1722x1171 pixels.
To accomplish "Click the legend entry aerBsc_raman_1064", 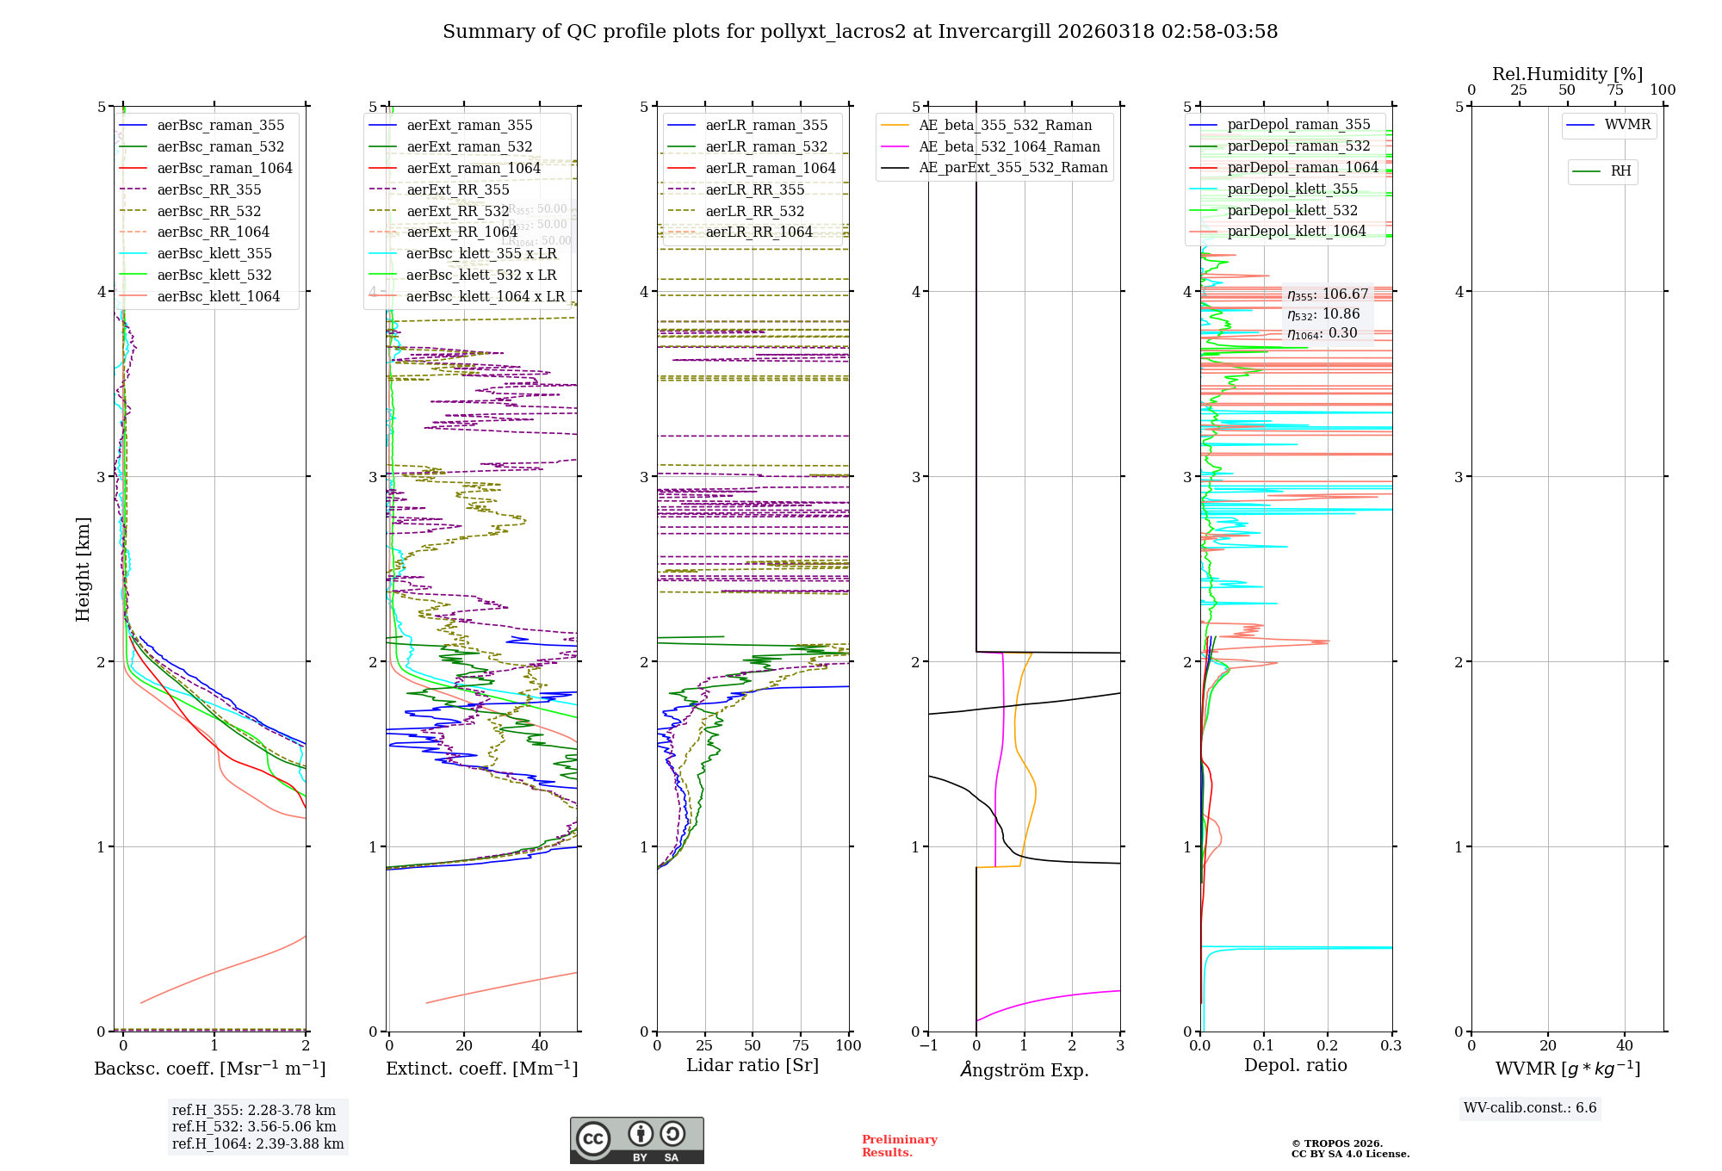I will (x=225, y=168).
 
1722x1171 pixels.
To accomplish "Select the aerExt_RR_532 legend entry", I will (x=457, y=211).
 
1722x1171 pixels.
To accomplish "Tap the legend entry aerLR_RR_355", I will (x=754, y=189).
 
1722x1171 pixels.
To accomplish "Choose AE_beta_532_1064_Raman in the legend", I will (x=1009, y=146).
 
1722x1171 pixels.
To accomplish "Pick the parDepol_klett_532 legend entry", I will (x=1291, y=210).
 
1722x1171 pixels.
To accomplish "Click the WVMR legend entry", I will (x=1627, y=125).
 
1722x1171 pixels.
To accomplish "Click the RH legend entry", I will (x=1620, y=171).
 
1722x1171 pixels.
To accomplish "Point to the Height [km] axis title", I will (x=83, y=569).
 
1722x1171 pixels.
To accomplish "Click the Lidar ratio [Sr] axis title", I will (x=752, y=1065).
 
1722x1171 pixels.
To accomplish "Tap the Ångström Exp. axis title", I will (x=1024, y=1069).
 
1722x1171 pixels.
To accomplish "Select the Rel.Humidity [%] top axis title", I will (x=1567, y=74).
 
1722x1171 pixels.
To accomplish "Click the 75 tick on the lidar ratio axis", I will (x=801, y=1045).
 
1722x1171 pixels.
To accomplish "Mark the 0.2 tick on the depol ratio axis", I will (x=1328, y=1045).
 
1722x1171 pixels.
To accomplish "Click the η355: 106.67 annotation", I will (x=1327, y=294).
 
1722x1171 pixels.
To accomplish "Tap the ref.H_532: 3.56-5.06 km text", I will (x=254, y=1126).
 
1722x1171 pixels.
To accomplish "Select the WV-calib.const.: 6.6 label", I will (x=1530, y=1107).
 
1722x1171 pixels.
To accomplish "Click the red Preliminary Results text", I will (x=899, y=1145).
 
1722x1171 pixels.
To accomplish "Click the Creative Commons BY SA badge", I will (x=636, y=1140).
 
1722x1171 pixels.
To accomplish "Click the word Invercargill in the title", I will (x=994, y=32).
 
